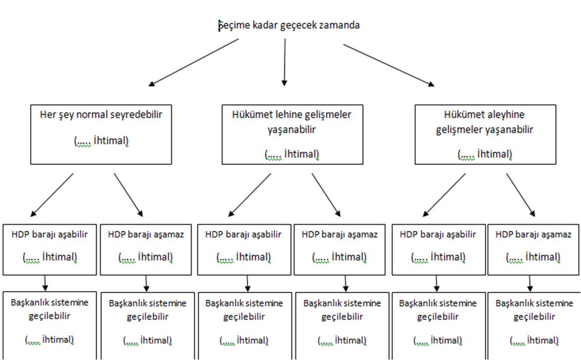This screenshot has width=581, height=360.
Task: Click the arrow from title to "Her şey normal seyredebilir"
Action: (x=193, y=62)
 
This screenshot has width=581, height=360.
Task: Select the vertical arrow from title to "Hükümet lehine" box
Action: (x=284, y=62)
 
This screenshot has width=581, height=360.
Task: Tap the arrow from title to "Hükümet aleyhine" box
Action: (x=389, y=65)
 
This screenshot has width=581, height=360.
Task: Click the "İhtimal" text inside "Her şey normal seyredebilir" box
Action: (x=111, y=141)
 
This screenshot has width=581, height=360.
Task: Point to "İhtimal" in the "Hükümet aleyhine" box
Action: (x=494, y=154)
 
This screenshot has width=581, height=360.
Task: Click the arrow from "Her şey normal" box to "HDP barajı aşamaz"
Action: (x=128, y=194)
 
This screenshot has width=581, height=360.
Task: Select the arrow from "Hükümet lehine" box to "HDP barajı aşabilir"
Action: (x=250, y=194)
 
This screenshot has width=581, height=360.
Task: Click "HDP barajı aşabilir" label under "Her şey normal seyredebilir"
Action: (x=50, y=235)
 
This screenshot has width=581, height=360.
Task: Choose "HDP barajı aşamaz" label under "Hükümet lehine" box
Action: (x=340, y=235)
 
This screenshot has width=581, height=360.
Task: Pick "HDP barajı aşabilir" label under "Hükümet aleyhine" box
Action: (x=438, y=235)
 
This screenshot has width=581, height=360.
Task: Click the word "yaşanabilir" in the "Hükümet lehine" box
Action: (x=292, y=130)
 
